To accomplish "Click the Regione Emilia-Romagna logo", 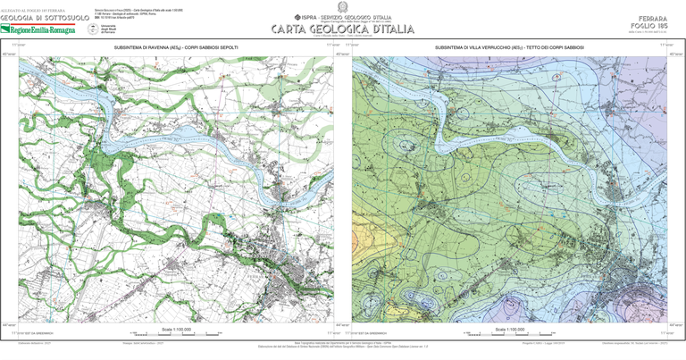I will point(42,29).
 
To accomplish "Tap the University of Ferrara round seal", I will point(94,29).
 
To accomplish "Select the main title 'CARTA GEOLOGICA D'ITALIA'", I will point(344,29).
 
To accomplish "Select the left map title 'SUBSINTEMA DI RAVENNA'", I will point(176,45).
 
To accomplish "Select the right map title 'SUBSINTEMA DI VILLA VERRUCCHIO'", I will point(510,45).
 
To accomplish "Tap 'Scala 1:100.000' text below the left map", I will point(176,328).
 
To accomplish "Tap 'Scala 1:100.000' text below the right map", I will point(510,328).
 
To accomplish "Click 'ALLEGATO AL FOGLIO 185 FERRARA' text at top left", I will point(39,10).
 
